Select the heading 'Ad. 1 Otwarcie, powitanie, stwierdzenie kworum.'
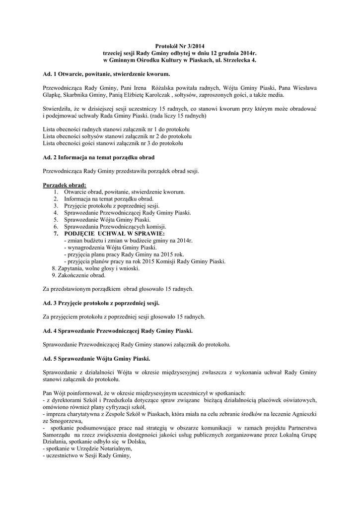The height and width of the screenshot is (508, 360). (107, 73)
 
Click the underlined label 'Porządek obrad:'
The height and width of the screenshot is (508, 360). (65, 185)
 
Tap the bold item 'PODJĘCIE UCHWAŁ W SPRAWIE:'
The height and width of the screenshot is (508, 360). (114, 233)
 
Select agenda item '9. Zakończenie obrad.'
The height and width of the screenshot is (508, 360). (78, 275)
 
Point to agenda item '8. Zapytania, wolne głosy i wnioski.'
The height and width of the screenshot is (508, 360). (95, 268)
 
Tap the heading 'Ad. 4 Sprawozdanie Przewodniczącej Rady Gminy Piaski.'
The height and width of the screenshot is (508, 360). (118, 330)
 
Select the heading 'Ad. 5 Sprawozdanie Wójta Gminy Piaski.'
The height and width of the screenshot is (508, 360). (97, 359)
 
